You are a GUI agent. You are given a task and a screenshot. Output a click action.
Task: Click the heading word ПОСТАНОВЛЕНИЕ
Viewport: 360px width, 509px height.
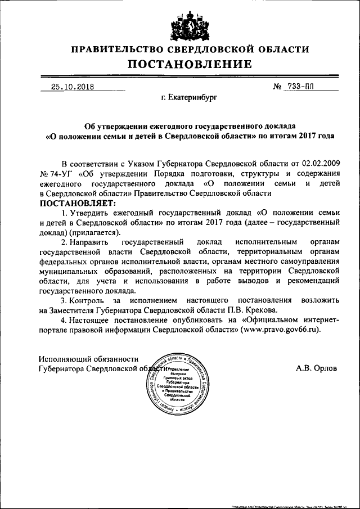181,65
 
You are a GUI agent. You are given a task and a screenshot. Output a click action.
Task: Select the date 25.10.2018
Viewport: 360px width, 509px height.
72,87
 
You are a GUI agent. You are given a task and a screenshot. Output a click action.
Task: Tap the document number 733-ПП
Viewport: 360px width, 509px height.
307,87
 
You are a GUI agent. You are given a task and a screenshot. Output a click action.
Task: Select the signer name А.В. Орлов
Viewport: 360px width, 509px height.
316,369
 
